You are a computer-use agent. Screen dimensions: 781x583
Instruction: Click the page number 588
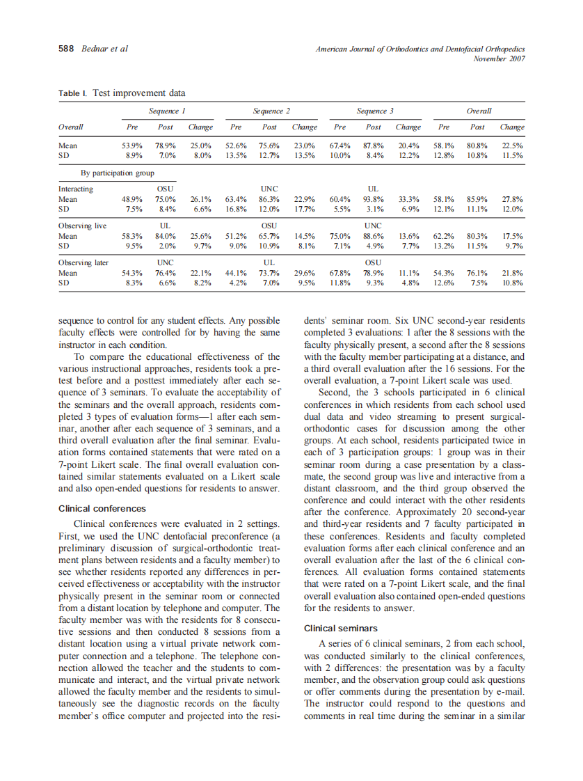click(67, 49)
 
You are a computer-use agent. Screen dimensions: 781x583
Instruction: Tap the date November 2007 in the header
click(499, 58)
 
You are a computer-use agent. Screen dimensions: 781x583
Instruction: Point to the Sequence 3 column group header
click(375, 111)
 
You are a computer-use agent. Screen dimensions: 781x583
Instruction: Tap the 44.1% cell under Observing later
click(236, 274)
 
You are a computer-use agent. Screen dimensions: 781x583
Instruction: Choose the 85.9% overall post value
click(477, 199)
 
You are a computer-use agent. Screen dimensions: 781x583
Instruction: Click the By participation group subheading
click(116, 173)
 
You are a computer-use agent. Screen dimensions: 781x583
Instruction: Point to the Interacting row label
click(76, 189)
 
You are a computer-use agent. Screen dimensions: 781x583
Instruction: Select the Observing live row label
click(82, 226)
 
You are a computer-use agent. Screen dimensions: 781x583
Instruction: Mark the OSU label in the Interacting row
click(166, 189)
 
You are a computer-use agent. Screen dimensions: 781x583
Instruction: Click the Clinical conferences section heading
click(102, 508)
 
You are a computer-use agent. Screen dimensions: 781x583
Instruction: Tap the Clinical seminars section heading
click(340, 629)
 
